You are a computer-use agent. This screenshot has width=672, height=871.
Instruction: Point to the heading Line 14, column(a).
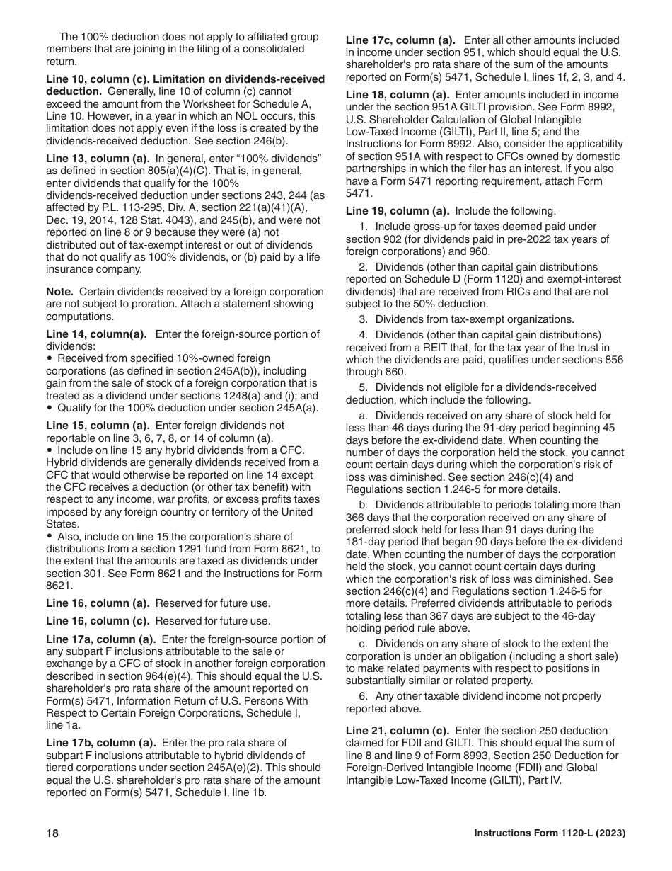pyautogui.click(x=96, y=334)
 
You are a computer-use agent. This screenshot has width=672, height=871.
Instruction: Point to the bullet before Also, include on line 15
pyautogui.click(x=50, y=537)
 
